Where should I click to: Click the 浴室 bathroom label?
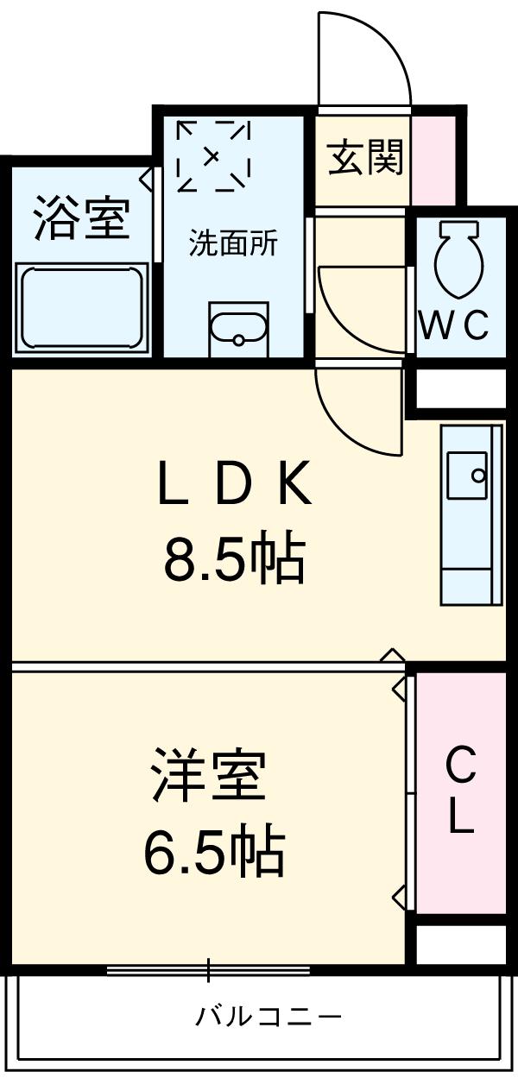82,219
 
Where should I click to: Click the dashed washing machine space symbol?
213,156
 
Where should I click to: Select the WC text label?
454,325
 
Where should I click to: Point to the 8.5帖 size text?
233,559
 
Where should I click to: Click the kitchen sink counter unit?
471,514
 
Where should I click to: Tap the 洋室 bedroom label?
207,774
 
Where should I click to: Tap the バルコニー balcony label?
268,1016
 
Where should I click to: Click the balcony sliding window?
208,970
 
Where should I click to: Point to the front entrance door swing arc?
363,56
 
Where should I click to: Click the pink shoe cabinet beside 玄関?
433,158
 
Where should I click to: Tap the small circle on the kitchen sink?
477,474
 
